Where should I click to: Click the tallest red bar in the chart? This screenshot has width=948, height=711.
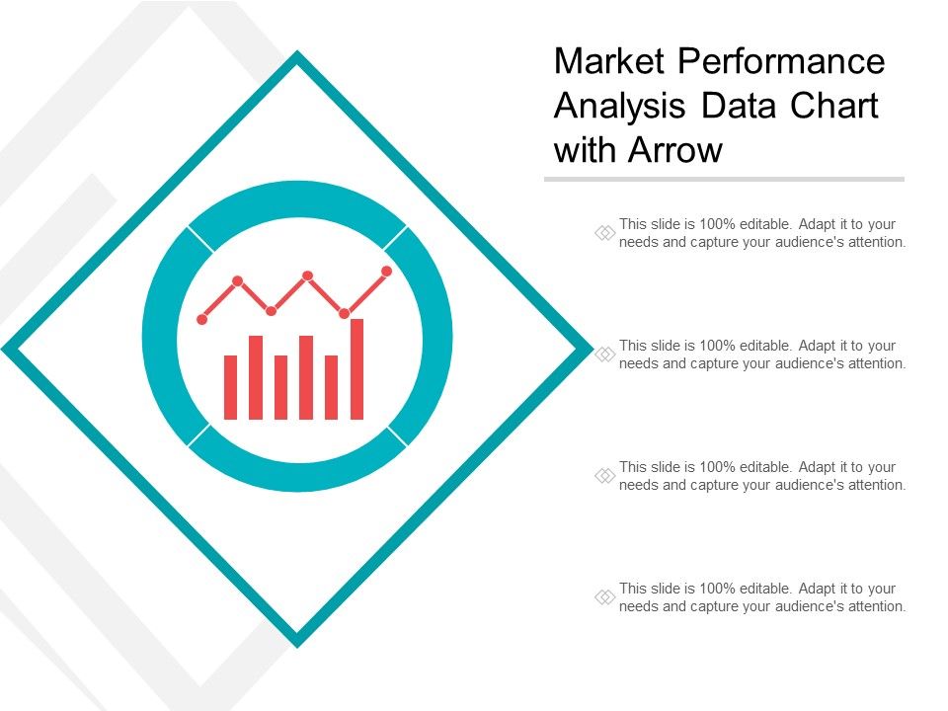pyautogui.click(x=356, y=369)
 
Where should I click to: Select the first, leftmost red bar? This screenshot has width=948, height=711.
pyautogui.click(x=230, y=387)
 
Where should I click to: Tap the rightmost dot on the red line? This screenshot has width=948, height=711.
pyautogui.click(x=386, y=271)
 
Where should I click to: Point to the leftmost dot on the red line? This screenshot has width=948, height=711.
pyautogui.click(x=202, y=319)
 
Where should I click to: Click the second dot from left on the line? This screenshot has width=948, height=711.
pyautogui.click(x=238, y=280)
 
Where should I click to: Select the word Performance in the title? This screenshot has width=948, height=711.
pyautogui.click(x=779, y=61)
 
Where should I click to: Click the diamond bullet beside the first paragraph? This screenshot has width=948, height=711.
pyautogui.click(x=604, y=233)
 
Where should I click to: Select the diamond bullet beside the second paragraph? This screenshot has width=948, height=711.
pyautogui.click(x=604, y=355)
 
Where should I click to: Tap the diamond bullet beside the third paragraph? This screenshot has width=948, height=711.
pyautogui.click(x=604, y=476)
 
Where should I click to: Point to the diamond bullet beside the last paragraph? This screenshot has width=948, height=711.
pyautogui.click(x=604, y=597)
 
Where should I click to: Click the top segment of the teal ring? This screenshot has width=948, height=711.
pyautogui.click(x=297, y=198)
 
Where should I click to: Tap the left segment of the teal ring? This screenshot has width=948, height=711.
pyautogui.click(x=160, y=336)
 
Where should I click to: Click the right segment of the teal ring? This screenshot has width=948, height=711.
pyautogui.click(x=434, y=336)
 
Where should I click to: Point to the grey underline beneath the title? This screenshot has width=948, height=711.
pyautogui.click(x=724, y=180)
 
